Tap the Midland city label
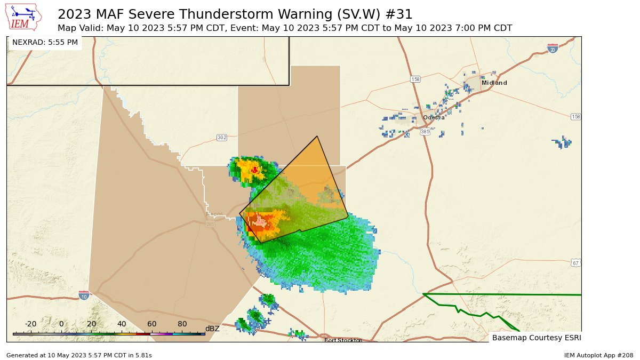494,83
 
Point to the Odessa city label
434,117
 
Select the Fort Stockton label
343,340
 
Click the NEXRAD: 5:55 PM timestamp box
45,42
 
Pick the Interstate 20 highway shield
553,49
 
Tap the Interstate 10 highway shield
84,295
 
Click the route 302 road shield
222,138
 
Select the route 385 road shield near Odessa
425,131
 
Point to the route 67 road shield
575,263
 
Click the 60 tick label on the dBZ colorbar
152,324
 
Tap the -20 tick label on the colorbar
30,324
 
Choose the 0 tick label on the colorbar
61,324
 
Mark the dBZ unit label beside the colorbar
212,329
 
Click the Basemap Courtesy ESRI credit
536,338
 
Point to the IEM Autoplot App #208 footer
598,355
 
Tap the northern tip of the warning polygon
317,137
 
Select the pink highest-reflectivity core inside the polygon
260,220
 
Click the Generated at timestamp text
79,355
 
